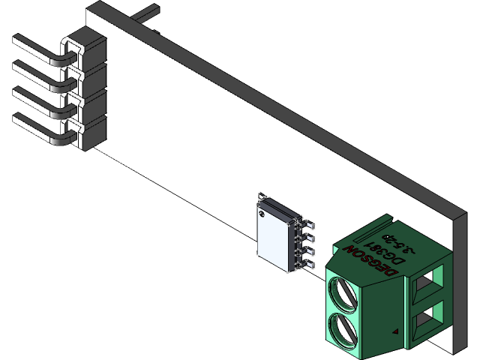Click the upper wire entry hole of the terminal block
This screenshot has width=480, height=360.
pos(426,283)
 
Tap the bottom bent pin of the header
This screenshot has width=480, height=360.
pos(37,124)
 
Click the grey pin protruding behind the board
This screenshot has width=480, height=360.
pos(147,12)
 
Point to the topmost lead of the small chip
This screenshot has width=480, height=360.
pos(307,223)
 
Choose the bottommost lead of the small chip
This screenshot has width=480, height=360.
pos(307,264)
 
